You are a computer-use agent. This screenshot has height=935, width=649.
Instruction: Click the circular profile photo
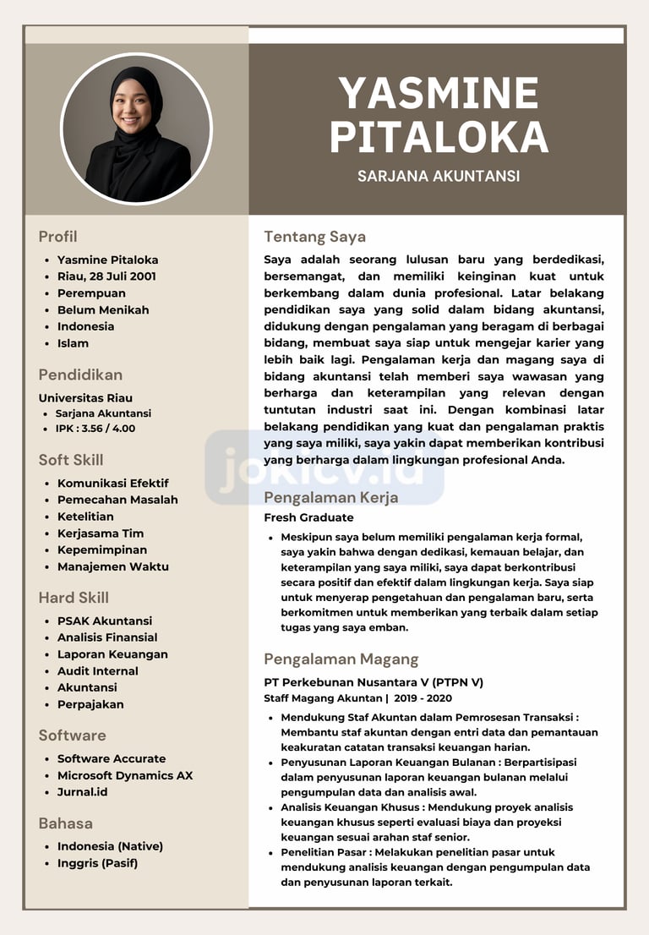tap(136, 128)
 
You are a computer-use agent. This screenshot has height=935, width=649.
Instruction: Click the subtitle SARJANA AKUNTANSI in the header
tap(438, 177)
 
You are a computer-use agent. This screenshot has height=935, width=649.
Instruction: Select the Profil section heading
tap(57, 237)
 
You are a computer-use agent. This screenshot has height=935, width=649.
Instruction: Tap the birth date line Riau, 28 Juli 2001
tap(106, 276)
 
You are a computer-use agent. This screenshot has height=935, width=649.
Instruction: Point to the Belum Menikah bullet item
tap(103, 310)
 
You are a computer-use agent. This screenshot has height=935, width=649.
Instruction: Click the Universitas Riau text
tap(85, 398)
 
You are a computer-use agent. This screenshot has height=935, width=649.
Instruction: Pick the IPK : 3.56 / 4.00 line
tap(95, 429)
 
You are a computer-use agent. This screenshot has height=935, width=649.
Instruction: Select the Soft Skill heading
tap(71, 460)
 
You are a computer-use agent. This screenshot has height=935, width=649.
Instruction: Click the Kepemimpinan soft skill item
tap(102, 550)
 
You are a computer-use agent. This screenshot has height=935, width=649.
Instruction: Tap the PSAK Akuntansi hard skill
tap(105, 621)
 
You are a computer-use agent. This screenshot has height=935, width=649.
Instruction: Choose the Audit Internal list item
tap(98, 671)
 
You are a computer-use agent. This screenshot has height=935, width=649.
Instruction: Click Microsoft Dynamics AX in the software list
tap(125, 776)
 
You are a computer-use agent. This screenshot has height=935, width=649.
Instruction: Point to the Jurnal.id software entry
tap(83, 792)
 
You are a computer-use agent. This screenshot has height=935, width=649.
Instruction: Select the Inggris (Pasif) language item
tap(97, 863)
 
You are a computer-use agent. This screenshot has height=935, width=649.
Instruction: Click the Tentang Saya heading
tap(314, 237)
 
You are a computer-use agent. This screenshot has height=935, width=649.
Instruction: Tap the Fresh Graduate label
tap(308, 517)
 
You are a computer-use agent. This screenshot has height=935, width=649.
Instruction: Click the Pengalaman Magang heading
tap(341, 659)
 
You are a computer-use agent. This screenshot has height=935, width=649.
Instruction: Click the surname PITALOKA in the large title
tap(438, 137)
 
